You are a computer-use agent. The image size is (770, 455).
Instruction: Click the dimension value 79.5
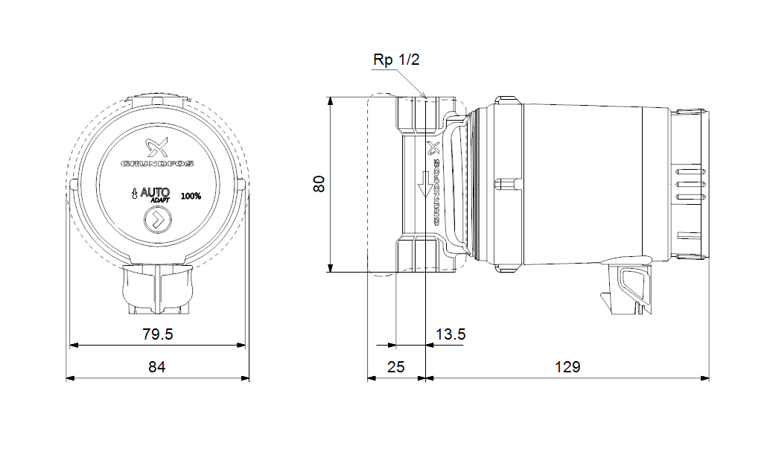click(x=157, y=334)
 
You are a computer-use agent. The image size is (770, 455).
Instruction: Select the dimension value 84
click(x=156, y=367)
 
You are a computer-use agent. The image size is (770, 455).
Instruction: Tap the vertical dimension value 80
click(x=319, y=184)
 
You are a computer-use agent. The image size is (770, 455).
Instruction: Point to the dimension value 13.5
click(x=451, y=334)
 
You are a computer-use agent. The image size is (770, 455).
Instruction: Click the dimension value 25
click(x=395, y=367)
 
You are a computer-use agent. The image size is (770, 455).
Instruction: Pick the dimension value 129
click(x=567, y=367)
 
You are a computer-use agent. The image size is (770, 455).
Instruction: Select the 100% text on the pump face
click(x=191, y=196)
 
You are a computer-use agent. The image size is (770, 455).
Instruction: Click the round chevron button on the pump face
click(x=157, y=221)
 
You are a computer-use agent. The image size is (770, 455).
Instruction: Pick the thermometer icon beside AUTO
click(x=134, y=195)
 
